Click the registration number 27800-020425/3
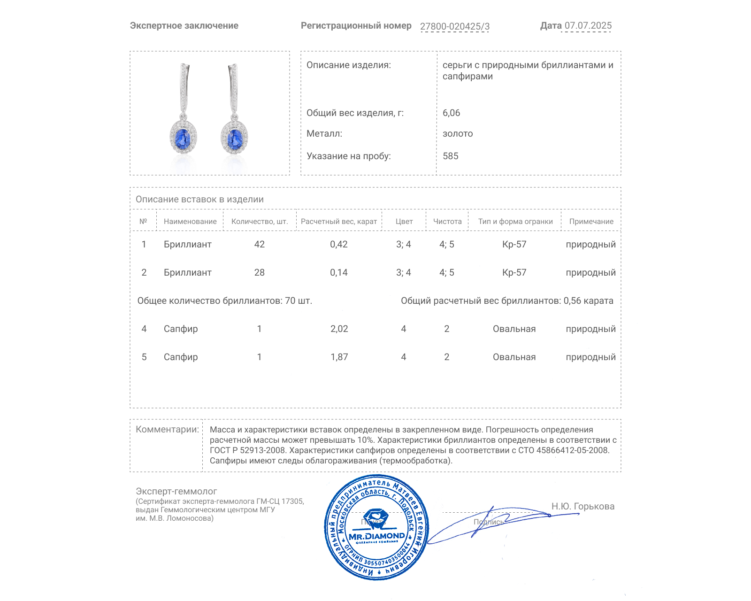click(x=454, y=26)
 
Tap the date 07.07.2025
click(x=588, y=26)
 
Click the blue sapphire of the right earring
click(x=234, y=138)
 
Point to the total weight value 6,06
click(x=451, y=113)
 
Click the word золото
click(x=458, y=133)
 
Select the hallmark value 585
click(x=450, y=156)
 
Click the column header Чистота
click(x=447, y=222)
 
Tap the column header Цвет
click(x=404, y=222)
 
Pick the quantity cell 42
click(x=259, y=244)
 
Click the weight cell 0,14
click(x=338, y=272)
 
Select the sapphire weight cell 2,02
click(x=339, y=329)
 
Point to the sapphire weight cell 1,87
click(x=339, y=357)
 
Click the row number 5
click(x=144, y=357)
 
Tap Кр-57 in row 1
click(x=514, y=244)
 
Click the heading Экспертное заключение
click(x=184, y=26)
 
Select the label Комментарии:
click(x=167, y=429)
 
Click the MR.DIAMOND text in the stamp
click(x=376, y=536)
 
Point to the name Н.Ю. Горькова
click(x=582, y=506)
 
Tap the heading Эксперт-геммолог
click(x=176, y=491)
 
